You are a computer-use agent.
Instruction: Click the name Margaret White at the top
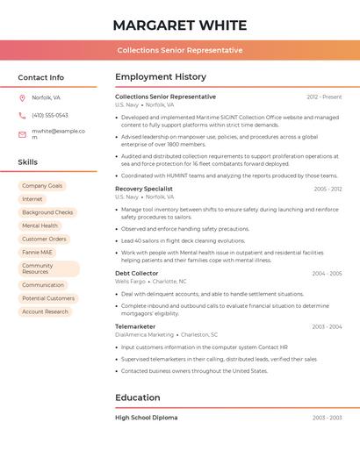(x=180, y=25)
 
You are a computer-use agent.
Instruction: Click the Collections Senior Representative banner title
(x=180, y=50)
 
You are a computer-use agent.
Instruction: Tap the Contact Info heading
(x=41, y=77)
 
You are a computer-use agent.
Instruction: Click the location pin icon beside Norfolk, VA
(x=22, y=97)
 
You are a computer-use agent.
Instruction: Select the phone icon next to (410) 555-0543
(x=22, y=115)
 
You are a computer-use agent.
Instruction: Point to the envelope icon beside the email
(x=22, y=134)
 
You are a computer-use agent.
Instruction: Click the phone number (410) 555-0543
(x=50, y=115)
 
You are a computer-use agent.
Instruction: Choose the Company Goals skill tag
(x=42, y=186)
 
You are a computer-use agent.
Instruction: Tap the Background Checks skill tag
(x=47, y=212)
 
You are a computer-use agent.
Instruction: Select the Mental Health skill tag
(x=40, y=225)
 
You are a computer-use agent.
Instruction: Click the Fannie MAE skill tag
(x=38, y=252)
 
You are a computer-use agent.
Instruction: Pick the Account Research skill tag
(x=45, y=311)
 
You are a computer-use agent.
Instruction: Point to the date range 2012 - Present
(x=324, y=97)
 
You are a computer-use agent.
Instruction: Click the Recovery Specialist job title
(x=144, y=189)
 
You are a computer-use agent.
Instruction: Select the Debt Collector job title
(x=137, y=274)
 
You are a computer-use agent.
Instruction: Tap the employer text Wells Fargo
(x=130, y=282)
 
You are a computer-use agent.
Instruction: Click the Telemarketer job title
(x=135, y=326)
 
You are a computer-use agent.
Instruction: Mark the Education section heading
(x=138, y=397)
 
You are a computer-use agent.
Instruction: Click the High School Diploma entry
(x=147, y=418)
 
